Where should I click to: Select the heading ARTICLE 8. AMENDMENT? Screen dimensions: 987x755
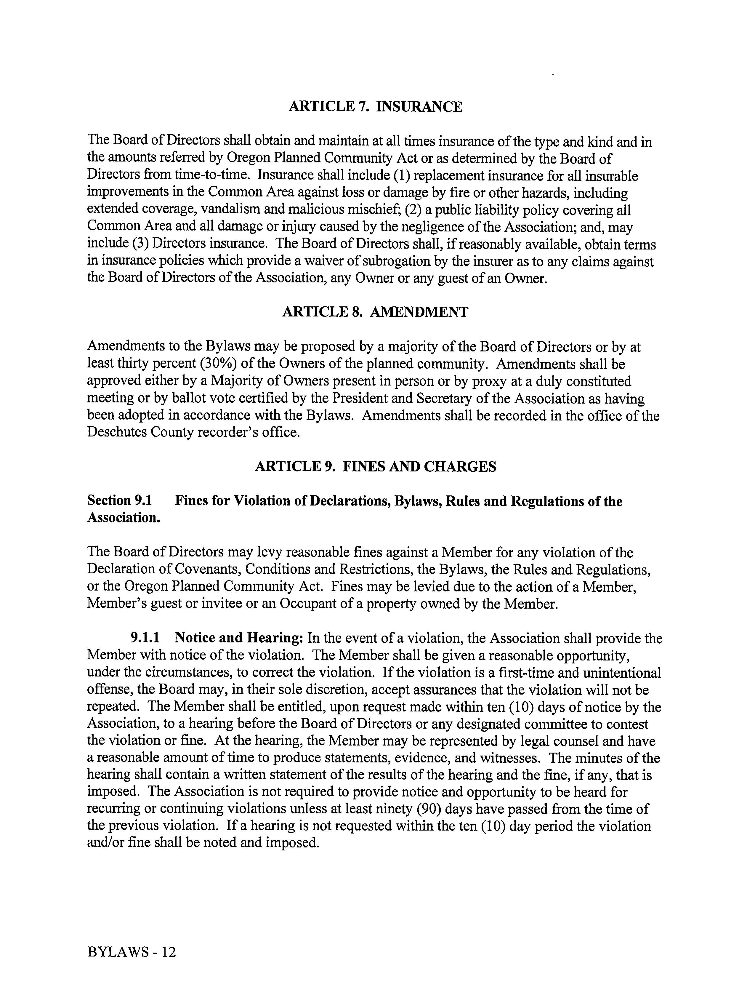375,312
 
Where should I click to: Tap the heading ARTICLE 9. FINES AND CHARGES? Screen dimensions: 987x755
375,466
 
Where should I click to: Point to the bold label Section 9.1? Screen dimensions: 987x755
120,501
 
